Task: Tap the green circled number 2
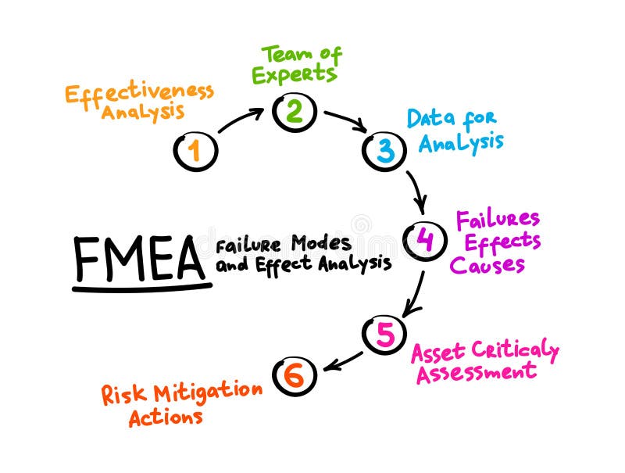click(294, 112)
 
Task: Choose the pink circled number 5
click(384, 334)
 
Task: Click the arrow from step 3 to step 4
click(416, 191)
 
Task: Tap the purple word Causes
click(487, 265)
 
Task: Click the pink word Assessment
click(477, 371)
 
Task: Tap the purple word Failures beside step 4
click(498, 218)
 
